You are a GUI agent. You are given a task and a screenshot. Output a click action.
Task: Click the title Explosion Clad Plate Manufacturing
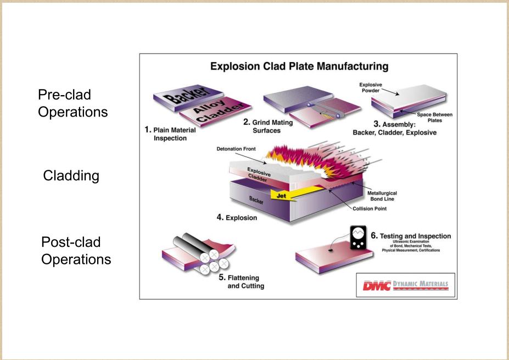[299, 67]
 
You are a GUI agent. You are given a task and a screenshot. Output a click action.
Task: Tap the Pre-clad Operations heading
[72, 103]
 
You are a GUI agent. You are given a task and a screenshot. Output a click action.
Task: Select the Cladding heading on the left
[71, 175]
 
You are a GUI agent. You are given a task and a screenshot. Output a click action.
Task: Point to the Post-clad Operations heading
[76, 251]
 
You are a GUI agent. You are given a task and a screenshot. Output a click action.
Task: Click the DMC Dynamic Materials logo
[405, 285]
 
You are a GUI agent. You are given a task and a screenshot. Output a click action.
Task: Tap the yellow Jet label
[281, 196]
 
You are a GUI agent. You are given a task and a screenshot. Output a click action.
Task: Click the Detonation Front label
[236, 149]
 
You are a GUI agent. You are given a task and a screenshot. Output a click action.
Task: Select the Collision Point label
[370, 209]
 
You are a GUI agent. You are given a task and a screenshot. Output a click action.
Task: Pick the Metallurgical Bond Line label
[382, 196]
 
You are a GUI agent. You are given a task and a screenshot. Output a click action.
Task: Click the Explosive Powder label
[371, 88]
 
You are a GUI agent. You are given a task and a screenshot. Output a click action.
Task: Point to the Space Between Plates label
[434, 117]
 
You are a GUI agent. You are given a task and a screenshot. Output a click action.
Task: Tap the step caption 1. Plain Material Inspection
[170, 134]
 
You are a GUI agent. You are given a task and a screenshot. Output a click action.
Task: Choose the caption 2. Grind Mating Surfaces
[268, 126]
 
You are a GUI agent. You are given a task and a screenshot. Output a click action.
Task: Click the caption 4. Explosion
[237, 217]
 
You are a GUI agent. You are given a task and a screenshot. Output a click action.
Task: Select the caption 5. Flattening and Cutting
[242, 282]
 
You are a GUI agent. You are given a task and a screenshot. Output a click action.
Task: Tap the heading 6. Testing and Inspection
[411, 236]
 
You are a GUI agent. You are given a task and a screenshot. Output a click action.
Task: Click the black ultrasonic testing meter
[359, 237]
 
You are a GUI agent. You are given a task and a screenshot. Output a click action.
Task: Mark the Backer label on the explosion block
[256, 200]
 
